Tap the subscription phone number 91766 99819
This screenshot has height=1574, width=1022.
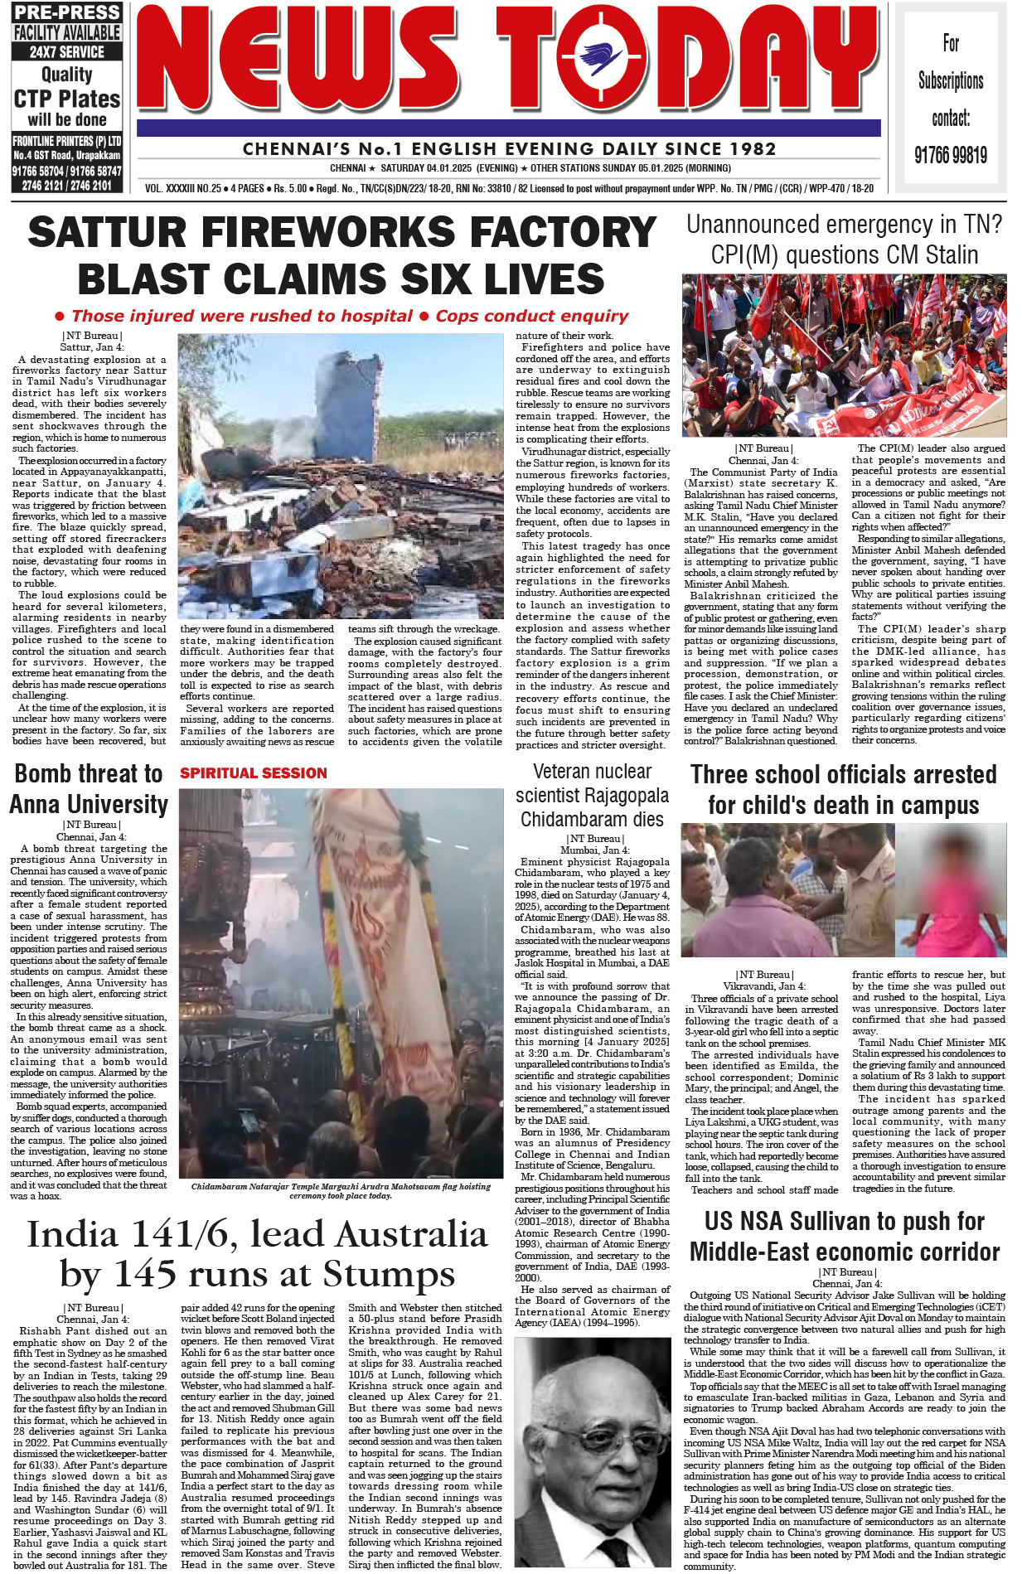coord(951,155)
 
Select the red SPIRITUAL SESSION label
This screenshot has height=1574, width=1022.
coord(254,773)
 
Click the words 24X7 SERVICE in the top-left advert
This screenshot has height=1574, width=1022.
coord(67,51)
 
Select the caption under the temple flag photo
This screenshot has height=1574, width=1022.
coord(341,1190)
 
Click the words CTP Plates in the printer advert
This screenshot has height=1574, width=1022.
coord(67,99)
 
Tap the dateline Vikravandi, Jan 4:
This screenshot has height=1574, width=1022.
coord(764,986)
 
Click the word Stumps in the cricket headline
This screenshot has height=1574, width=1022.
coord(389,1274)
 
